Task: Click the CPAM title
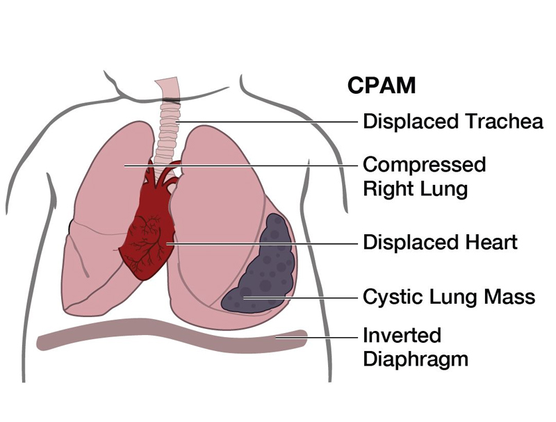382,86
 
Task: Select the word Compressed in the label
425,165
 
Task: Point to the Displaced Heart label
440,243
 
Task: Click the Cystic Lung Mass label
449,297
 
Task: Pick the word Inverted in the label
402,335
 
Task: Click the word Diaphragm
415,359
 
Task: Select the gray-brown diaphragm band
167,340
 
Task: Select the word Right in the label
390,188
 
